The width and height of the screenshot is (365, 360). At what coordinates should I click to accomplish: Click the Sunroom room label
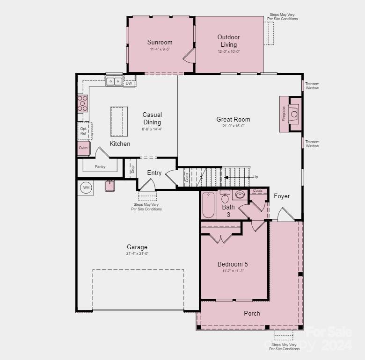pyautogui.click(x=160, y=42)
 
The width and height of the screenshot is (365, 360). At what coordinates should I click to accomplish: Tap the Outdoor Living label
pyautogui.click(x=229, y=41)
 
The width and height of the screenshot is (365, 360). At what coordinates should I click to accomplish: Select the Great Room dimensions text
pyautogui.click(x=233, y=126)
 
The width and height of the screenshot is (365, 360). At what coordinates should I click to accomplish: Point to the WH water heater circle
pyautogui.click(x=86, y=187)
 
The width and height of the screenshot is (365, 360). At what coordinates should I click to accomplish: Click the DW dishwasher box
pyautogui.click(x=129, y=83)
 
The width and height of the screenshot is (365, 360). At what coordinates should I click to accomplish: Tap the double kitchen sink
pyautogui.click(x=114, y=82)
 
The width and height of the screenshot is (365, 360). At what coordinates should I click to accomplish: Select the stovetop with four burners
pyautogui.click(x=82, y=102)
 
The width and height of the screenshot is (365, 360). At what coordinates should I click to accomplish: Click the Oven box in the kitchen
pyautogui.click(x=83, y=148)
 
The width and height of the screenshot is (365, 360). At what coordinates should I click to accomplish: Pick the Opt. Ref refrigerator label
pyautogui.click(x=83, y=131)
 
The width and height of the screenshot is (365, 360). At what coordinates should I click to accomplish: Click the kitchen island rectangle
pyautogui.click(x=119, y=121)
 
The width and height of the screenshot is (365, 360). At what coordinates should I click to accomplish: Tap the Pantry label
pyautogui.click(x=100, y=166)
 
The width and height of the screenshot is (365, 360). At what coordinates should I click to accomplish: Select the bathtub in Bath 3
pyautogui.click(x=208, y=205)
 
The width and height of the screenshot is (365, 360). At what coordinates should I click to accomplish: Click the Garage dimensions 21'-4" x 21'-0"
pyautogui.click(x=137, y=253)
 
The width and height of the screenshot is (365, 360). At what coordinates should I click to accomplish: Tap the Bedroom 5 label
pyautogui.click(x=233, y=264)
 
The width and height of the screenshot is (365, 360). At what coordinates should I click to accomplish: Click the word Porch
pyautogui.click(x=252, y=313)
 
